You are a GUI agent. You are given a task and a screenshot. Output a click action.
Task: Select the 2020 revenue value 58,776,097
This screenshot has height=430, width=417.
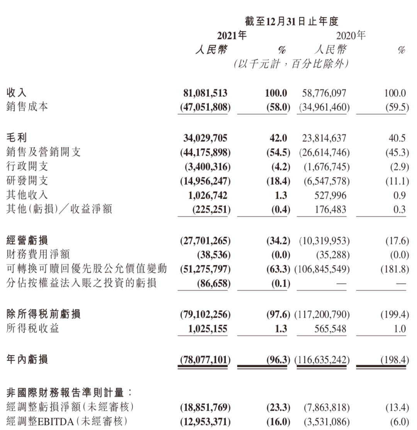pyautogui.click(x=325, y=93)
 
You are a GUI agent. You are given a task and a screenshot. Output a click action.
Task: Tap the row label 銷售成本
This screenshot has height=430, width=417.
pyautogui.click(x=27, y=107)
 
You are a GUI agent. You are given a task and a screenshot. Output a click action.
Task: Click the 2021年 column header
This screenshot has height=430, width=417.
pyautogui.click(x=231, y=36)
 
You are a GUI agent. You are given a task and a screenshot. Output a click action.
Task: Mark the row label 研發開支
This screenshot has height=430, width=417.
pyautogui.click(x=27, y=181)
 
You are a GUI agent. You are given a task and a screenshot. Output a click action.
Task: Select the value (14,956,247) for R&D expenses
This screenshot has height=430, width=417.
pyautogui.click(x=205, y=181)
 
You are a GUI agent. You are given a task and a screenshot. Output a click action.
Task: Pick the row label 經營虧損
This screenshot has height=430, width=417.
pyautogui.click(x=27, y=241)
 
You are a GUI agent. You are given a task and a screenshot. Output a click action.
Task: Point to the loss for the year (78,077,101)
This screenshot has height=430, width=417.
pyautogui.click(x=205, y=360)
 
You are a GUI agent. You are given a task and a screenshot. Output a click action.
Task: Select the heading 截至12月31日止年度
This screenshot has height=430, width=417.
pyautogui.click(x=292, y=21)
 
